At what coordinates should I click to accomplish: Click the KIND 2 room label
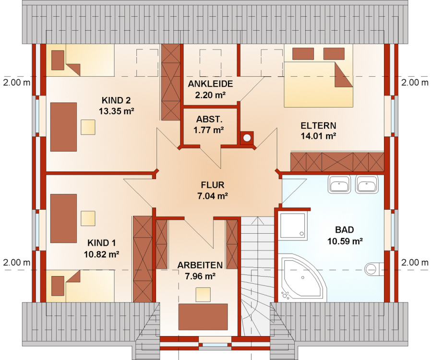click(116, 100)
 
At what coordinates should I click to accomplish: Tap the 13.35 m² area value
click(116, 111)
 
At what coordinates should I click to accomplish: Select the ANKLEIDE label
click(210, 84)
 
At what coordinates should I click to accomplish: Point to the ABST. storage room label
click(209, 119)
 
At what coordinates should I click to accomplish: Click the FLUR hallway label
click(213, 185)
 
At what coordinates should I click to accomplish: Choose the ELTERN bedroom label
click(318, 126)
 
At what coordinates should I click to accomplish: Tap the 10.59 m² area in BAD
click(345, 241)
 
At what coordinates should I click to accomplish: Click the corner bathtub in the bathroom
click(302, 278)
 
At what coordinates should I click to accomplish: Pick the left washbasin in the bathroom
click(339, 184)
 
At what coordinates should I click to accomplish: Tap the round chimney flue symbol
click(247, 137)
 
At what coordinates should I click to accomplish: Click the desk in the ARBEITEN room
click(203, 317)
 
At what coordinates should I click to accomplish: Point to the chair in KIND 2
click(88, 127)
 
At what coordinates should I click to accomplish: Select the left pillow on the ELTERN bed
click(303, 54)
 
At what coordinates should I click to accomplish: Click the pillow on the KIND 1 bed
click(58, 286)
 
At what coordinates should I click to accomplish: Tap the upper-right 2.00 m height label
click(415, 83)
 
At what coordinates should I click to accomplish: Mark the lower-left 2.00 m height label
click(17, 263)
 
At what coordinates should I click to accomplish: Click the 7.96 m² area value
click(200, 276)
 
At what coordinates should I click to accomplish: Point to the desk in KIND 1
click(63, 218)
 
